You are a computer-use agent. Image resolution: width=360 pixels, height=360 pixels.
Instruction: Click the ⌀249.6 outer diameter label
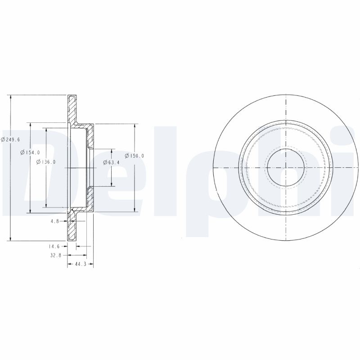coord(9,140)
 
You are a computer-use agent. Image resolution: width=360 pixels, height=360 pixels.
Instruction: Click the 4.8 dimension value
coord(55,221)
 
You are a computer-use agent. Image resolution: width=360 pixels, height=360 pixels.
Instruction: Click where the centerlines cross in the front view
coord(286,167)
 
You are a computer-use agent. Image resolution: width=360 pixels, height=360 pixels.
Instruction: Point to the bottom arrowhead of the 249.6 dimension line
coord(10,238)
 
